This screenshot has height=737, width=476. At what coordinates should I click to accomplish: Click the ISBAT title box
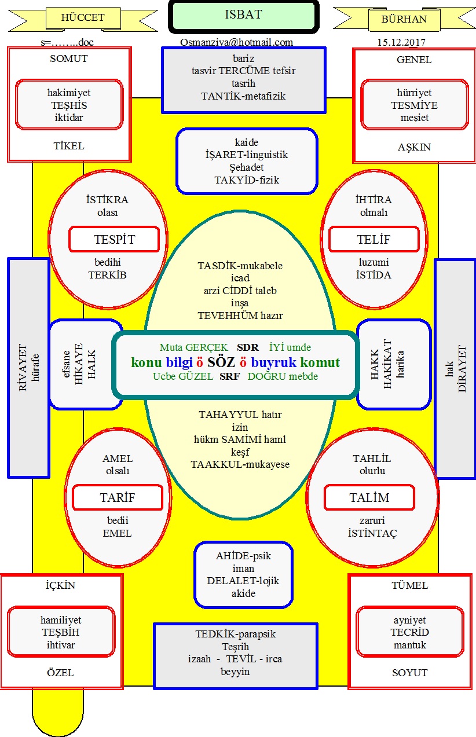pyautogui.click(x=243, y=16)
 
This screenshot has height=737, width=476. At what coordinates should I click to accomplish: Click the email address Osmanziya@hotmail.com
pyautogui.click(x=236, y=42)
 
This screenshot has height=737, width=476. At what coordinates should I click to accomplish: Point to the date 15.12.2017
pyautogui.click(x=401, y=42)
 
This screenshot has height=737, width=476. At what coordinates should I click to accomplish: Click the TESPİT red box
pyautogui.click(x=114, y=240)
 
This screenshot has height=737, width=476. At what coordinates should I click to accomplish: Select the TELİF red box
pyautogui.click(x=374, y=240)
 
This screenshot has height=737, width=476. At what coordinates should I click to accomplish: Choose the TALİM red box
pyautogui.click(x=369, y=498)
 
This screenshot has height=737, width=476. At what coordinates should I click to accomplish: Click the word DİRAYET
pyautogui.click(x=462, y=369)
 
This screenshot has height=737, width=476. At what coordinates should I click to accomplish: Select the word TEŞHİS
pyautogui.click(x=69, y=105)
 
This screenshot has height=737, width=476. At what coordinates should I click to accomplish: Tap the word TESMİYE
pyautogui.click(x=414, y=105)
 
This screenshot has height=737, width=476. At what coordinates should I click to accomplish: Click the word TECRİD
pyautogui.click(x=410, y=632)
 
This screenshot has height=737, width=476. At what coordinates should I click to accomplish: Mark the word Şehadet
pyautogui.click(x=246, y=167)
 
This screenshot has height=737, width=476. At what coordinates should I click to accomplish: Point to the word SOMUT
pyautogui.click(x=69, y=59)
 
